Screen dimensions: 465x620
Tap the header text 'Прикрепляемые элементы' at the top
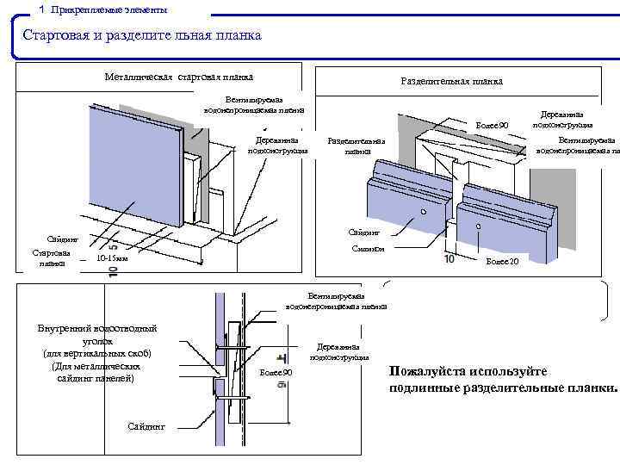coord(108,9)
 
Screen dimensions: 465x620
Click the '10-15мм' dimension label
coord(112,257)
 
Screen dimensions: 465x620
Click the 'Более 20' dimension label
coord(502,260)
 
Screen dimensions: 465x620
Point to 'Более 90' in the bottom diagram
coord(276,372)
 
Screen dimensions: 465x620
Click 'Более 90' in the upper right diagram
coord(493,127)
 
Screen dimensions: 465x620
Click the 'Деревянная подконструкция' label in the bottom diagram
coord(339,351)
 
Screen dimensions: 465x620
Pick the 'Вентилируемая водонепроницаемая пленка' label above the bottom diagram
coord(337,301)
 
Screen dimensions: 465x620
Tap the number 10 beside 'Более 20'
coord(449,259)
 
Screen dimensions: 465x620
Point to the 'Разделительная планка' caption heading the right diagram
coord(452,82)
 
